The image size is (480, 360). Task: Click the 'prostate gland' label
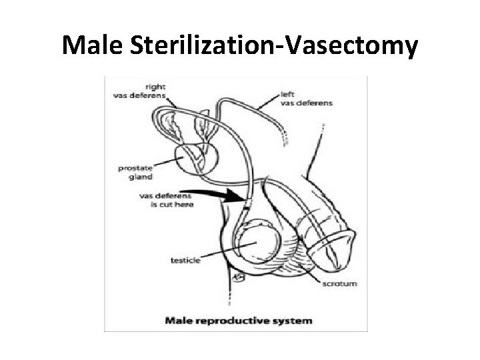pos(135,173)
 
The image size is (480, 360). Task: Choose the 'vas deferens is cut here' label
pos(165,200)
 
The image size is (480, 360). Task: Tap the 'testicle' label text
pos(185,260)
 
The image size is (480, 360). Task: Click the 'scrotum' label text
pos(339,283)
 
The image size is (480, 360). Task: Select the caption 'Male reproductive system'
pos(238,321)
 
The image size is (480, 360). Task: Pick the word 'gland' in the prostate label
pos(141,177)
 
